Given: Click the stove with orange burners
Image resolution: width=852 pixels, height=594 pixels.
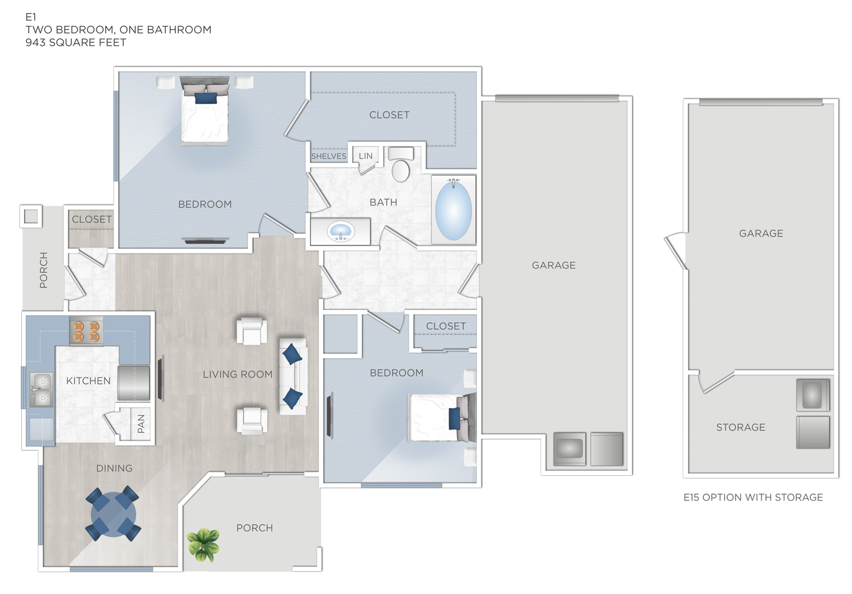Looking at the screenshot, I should (x=86, y=331).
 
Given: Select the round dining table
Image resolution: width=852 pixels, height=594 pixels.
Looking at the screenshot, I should (x=113, y=513).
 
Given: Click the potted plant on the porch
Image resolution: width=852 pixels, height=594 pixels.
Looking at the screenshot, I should (x=203, y=544).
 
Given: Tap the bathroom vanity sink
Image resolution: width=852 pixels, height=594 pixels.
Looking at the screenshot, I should (x=340, y=231).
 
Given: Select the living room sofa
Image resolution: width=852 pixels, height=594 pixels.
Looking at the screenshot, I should (x=293, y=376).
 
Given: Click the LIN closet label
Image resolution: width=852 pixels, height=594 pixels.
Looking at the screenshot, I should (x=366, y=156).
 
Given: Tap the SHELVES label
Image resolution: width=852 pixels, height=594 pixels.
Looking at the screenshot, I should (x=329, y=156).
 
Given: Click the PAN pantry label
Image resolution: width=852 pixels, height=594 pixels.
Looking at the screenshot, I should (x=141, y=423).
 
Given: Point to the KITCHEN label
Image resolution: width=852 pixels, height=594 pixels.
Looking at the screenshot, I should (x=88, y=381).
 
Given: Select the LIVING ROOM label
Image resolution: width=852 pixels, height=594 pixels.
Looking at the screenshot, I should (x=238, y=375).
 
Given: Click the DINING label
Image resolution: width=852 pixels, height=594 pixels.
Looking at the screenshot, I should (x=114, y=469).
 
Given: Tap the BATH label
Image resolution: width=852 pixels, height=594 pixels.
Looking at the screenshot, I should (x=383, y=202).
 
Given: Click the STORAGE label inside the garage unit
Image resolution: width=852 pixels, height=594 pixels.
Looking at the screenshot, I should (x=740, y=428).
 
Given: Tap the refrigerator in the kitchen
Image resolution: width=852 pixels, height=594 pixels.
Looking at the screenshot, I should (x=133, y=383).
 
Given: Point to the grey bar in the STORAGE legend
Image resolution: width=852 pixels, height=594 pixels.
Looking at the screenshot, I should (x=727, y=498).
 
